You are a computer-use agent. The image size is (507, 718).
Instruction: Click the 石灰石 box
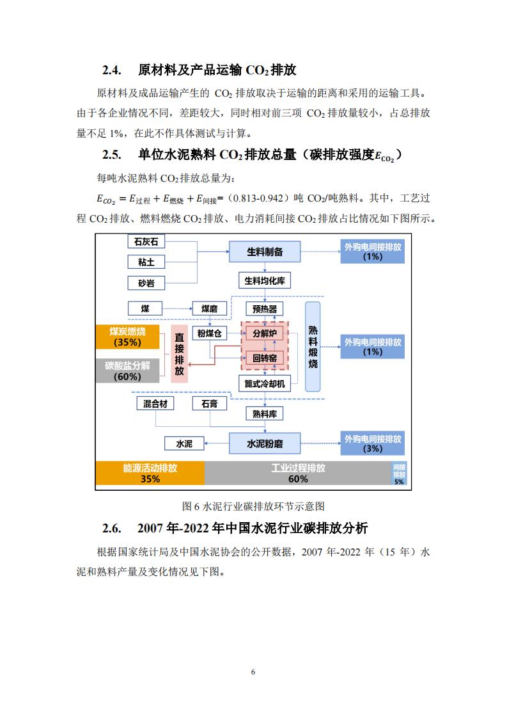click(146, 241)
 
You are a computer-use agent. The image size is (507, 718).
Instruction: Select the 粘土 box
click(146, 262)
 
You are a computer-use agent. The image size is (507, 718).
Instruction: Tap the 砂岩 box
click(146, 283)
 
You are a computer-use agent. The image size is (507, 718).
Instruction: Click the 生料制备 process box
click(265, 251)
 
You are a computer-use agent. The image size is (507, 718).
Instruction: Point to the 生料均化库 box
click(265, 281)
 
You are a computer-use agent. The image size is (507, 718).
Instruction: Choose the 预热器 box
click(265, 309)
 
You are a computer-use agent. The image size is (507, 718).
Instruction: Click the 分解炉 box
click(265, 333)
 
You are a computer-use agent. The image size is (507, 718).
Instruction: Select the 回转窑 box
click(265, 358)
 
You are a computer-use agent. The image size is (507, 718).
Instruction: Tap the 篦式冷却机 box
click(265, 384)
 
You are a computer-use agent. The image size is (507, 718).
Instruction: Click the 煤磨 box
click(210, 308)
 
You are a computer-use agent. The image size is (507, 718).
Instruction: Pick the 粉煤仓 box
click(210, 333)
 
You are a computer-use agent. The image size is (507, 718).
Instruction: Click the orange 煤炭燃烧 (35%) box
click(127, 337)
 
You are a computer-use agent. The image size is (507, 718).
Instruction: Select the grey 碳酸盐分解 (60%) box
click(127, 371)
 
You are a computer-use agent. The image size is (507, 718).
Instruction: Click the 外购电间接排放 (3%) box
click(373, 443)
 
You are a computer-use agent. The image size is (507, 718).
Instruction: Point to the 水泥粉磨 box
click(265, 443)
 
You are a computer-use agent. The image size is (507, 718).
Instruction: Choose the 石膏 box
click(210, 403)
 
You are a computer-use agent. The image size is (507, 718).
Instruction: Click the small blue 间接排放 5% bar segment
click(399, 474)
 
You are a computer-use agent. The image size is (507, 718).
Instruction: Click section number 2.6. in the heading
click(112, 529)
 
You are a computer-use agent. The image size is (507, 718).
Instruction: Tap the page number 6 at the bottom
click(253, 672)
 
